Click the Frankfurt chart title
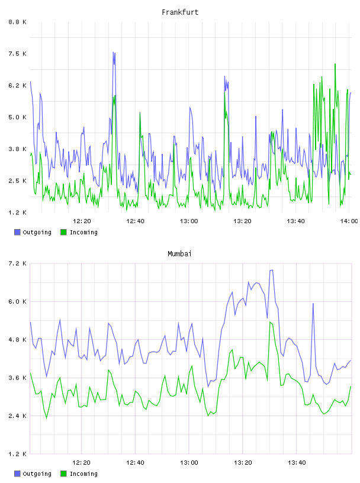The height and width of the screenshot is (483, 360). coord(180,12)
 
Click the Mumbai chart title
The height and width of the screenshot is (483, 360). coord(179,254)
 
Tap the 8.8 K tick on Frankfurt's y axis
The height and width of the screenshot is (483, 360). coord(17,22)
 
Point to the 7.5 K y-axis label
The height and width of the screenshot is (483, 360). coord(17,54)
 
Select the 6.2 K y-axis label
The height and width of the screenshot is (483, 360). coord(17,85)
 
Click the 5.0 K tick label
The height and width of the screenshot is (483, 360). coord(17,117)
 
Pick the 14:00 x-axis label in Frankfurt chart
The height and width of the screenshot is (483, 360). coord(349,221)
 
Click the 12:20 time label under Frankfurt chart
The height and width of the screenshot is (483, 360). coord(82,221)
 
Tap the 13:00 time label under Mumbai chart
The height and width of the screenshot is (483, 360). coord(189,462)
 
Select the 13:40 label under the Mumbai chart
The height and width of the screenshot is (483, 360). coord(297,462)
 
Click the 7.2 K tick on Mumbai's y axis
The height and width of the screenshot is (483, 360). coord(17,263)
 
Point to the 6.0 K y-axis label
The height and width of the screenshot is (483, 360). coord(17,301)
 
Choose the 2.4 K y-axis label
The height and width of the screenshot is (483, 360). coord(17,416)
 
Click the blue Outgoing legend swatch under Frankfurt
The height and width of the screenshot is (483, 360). coord(17,232)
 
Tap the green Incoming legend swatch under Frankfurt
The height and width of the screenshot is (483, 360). coord(63,232)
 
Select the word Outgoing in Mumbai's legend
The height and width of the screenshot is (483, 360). coord(37,474)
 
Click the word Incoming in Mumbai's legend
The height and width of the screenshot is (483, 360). coord(83,474)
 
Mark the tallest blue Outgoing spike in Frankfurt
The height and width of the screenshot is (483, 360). coord(114,52)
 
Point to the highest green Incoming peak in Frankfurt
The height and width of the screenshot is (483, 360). coord(335,64)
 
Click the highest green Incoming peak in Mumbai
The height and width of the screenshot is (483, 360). coord(269,322)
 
